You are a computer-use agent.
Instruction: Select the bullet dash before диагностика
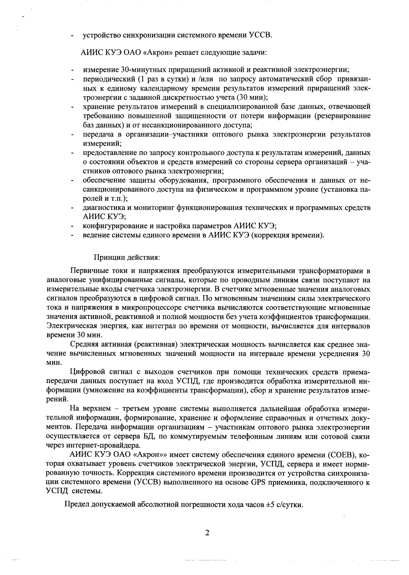point(72,208)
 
